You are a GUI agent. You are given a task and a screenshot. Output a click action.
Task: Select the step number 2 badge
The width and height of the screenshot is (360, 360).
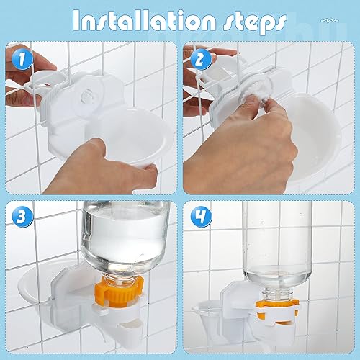pyautogui.click(x=198, y=58)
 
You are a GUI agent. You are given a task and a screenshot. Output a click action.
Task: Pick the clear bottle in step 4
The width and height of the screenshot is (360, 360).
pyautogui.click(x=277, y=241)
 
